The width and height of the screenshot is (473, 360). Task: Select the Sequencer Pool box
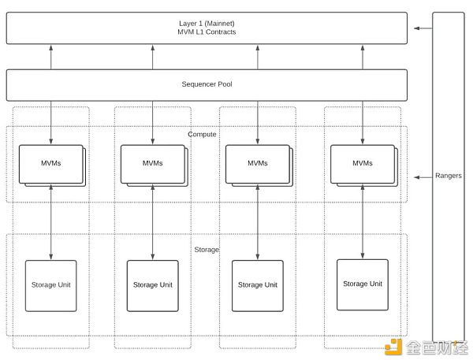207,84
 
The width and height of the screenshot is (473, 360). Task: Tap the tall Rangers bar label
449,176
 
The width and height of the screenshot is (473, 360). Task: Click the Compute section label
202,134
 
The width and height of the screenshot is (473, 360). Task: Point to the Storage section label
207,250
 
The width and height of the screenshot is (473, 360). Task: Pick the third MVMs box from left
257,163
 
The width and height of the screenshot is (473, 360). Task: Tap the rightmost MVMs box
362,163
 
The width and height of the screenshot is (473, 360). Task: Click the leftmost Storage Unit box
50,284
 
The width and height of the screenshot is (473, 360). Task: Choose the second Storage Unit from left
152,284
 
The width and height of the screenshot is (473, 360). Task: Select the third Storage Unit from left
257,284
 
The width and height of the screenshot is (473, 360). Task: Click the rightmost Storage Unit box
362,284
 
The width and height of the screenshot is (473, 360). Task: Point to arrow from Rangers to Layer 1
422,28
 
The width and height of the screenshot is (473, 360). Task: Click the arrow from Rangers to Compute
422,176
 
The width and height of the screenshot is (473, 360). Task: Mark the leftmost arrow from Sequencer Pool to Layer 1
51,57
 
